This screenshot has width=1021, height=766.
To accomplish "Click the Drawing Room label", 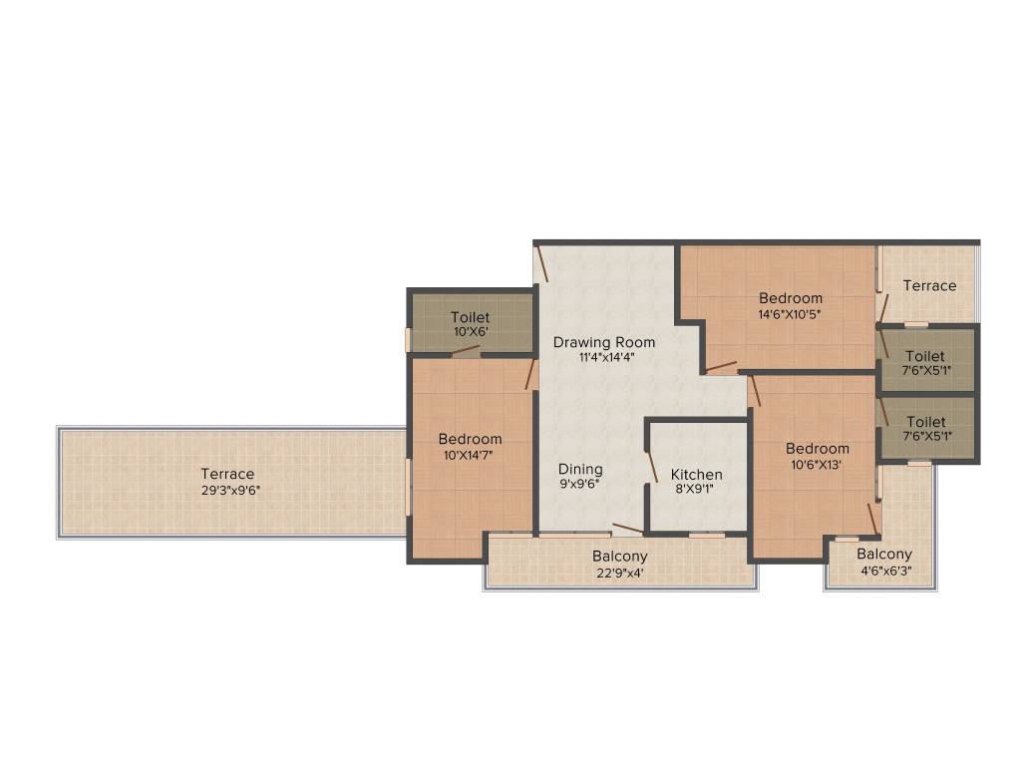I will [604, 342].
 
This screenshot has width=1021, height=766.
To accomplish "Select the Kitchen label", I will [696, 474].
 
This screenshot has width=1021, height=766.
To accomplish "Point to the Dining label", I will [579, 469].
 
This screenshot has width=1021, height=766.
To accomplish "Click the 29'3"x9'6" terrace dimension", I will [227, 490].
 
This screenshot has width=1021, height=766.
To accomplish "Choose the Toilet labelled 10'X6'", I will [470, 317].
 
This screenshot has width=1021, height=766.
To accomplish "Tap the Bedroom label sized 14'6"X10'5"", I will [791, 297].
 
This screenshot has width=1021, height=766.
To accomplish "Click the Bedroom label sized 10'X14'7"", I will [470, 439].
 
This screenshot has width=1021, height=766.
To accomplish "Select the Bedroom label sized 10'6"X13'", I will [817, 448].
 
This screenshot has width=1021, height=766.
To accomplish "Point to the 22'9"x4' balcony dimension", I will [619, 572].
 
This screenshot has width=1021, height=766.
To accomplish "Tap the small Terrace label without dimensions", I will [929, 285].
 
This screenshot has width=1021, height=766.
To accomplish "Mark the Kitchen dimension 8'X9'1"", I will [696, 490].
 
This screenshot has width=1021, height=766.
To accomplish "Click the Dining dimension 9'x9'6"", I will [579, 485].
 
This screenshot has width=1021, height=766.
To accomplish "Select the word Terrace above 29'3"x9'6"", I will [227, 474].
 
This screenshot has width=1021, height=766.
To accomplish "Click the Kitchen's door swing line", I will [652, 467].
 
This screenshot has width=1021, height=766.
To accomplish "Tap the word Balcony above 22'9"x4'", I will [619, 556].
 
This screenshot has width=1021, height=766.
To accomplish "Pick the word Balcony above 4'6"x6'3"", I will [883, 555].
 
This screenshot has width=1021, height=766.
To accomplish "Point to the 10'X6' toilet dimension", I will [470, 332].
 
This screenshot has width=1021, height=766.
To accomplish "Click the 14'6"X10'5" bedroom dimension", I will [791, 313].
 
